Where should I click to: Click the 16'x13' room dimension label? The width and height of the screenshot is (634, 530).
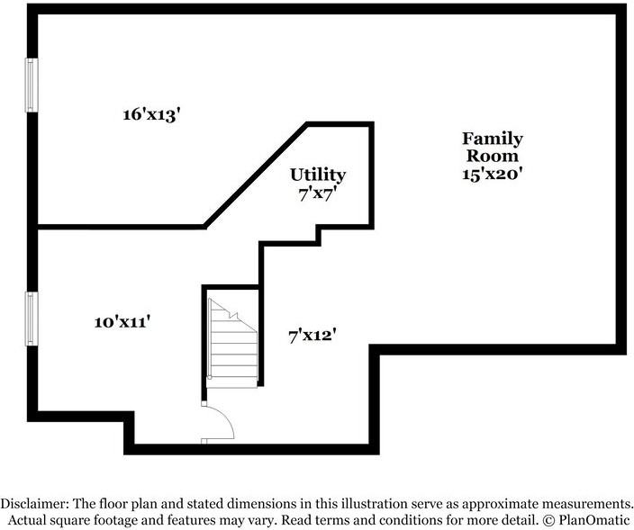tap(150, 114)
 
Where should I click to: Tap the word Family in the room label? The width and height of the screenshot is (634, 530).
tap(493, 139)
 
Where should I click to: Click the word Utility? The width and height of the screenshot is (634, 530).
tap(318, 175)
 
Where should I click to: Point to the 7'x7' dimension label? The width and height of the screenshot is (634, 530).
tap(318, 194)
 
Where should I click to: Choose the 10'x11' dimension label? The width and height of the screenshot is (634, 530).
tap(122, 322)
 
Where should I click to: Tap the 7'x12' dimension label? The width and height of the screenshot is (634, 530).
tap(312, 336)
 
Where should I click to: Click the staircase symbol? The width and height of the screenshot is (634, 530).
tap(232, 344)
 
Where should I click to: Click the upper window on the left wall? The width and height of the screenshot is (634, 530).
tap(32, 85)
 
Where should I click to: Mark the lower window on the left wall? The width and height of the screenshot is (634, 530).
tap(32, 319)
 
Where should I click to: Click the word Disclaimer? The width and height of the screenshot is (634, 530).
tap(34, 504)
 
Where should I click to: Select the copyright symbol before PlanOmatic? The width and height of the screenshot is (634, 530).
tap(548, 519)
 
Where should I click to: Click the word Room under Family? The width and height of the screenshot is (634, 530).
tap(493, 157)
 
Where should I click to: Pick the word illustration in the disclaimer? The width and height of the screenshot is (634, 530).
tap(372, 504)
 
